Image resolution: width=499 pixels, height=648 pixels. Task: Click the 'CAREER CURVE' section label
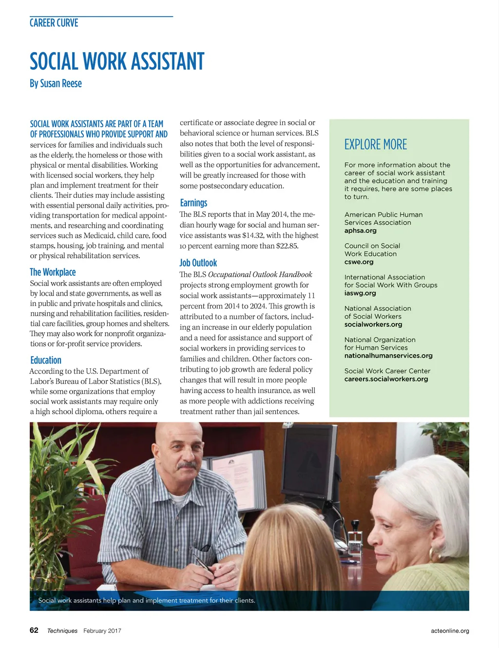[54, 23]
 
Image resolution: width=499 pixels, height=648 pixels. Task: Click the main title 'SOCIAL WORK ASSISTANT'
[117, 62]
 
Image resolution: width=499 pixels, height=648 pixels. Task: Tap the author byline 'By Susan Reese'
[56, 83]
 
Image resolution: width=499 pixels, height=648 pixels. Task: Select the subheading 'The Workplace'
[53, 272]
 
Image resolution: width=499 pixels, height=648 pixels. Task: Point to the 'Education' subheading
[46, 361]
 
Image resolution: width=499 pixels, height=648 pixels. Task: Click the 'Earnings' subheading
[193, 203]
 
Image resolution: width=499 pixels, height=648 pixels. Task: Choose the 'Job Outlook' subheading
[198, 263]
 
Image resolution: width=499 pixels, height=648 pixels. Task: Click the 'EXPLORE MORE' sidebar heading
[375, 145]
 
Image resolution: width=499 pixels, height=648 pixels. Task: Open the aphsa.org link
[360, 230]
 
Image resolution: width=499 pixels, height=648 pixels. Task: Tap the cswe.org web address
[359, 262]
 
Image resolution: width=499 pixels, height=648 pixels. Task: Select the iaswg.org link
[360, 293]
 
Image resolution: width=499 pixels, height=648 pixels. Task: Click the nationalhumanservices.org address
[388, 356]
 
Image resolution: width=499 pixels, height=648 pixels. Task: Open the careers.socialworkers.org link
[386, 379]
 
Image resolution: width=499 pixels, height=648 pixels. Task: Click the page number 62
[34, 630]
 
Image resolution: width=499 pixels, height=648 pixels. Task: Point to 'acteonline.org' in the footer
[450, 631]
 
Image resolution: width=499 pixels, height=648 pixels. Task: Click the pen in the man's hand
[203, 564]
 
